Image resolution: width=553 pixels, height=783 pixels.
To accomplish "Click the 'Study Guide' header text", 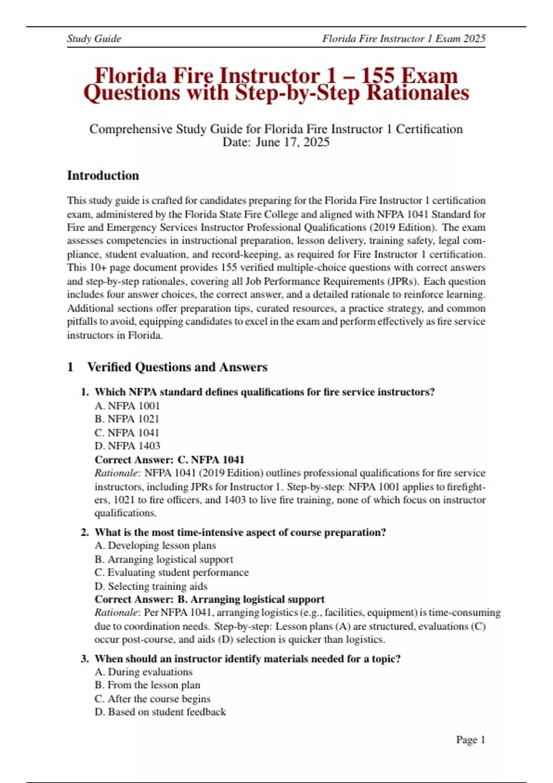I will (x=94, y=39).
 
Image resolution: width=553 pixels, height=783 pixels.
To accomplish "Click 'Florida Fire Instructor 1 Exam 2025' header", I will (x=404, y=39).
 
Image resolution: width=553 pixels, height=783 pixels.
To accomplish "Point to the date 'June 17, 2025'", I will (x=293, y=142).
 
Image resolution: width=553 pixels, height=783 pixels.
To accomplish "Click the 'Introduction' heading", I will (x=103, y=175).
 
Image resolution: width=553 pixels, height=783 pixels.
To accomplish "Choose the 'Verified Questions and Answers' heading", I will (x=177, y=367).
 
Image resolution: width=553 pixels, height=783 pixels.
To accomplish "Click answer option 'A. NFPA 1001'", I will (x=127, y=406).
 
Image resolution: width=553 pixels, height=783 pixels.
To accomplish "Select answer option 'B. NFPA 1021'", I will (x=127, y=419).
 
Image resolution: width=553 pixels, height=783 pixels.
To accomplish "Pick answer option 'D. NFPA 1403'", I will (x=127, y=446).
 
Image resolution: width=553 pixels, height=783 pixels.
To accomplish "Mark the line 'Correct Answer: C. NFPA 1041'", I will (x=169, y=460).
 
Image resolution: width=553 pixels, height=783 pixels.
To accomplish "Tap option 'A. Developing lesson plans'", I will (x=155, y=546).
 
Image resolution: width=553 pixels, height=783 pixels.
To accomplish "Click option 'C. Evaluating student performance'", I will (x=171, y=573).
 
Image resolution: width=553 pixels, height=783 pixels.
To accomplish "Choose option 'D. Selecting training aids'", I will (x=151, y=586).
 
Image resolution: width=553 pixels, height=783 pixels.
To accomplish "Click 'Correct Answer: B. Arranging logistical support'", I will (x=209, y=599).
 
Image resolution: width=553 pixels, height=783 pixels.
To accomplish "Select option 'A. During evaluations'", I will (x=143, y=672).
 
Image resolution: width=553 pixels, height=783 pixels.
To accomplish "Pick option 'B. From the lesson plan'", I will (x=147, y=685).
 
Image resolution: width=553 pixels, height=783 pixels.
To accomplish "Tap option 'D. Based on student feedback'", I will (x=160, y=712).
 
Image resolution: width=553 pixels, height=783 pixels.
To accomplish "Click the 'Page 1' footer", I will (x=471, y=740).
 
